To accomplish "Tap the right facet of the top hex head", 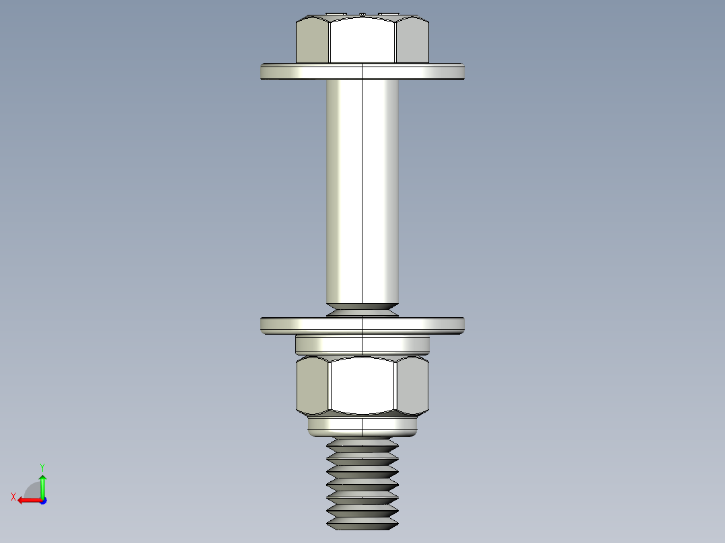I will pyautogui.click(x=412, y=40).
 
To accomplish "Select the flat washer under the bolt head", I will pyautogui.click(x=362, y=72).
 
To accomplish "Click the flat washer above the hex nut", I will pyautogui.click(x=362, y=325).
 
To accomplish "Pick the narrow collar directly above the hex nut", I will pyautogui.click(x=362, y=345).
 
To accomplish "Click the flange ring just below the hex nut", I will pyautogui.click(x=362, y=425).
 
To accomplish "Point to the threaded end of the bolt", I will pyautogui.click(x=362, y=481).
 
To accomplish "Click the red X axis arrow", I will pyautogui.click(x=27, y=500).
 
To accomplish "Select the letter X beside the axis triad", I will pyautogui.click(x=13, y=497).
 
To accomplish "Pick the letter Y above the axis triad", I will pyautogui.click(x=42, y=466).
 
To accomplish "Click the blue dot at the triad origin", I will pyautogui.click(x=42, y=500).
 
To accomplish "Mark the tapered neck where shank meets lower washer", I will pyautogui.click(x=362, y=310).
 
